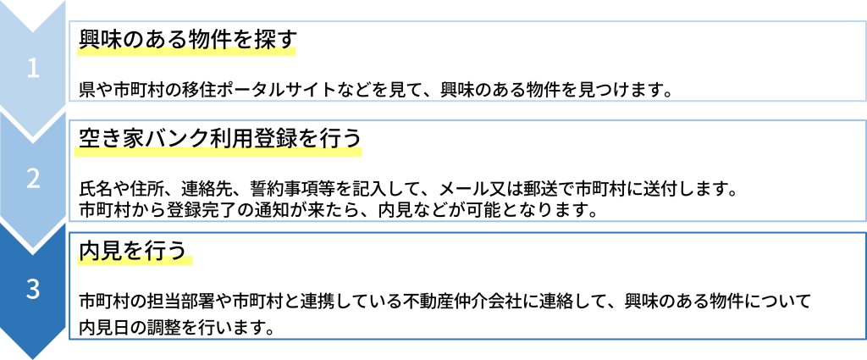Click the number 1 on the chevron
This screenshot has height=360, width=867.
click(33, 69)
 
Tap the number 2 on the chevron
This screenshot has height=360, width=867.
click(33, 179)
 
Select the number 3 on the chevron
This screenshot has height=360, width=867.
click(33, 290)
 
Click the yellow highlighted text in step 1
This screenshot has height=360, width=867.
click(186, 48)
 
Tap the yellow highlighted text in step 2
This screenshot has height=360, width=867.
click(218, 150)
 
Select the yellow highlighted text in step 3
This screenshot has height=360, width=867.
click(135, 258)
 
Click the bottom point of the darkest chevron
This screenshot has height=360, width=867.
click(33, 358)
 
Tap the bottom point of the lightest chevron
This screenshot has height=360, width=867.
click(33, 139)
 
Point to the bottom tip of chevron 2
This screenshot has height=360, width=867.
click(33, 251)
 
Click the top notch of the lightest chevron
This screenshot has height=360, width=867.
click(33, 30)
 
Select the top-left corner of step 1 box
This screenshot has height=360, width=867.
click(69, 22)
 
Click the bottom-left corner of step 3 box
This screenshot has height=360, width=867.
click(69, 339)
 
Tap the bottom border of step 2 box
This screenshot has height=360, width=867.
click(466, 221)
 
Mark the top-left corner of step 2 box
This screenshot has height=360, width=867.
click(69, 120)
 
